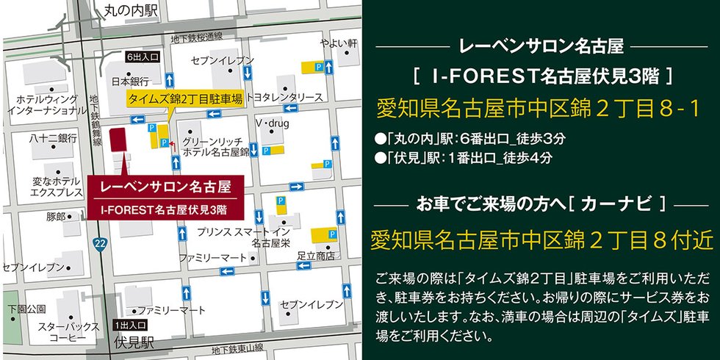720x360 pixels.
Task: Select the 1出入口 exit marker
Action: (x=130, y=324)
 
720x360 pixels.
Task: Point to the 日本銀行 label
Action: (x=129, y=81)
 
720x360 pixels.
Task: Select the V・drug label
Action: (x=273, y=123)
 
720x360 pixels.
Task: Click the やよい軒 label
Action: (x=342, y=43)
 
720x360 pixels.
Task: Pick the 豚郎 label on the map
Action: (x=56, y=217)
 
